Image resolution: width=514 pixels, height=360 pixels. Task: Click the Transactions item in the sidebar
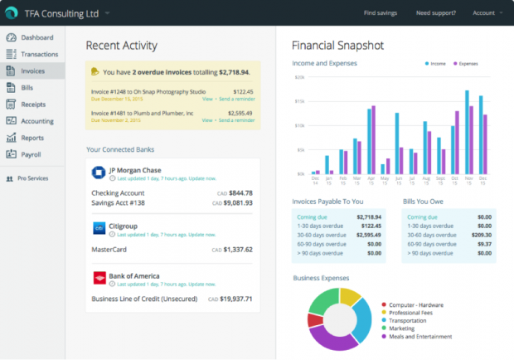click(x=38, y=54)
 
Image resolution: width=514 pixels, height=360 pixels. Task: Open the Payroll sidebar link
click(x=32, y=154)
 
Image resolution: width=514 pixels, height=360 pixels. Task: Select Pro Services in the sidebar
click(x=32, y=178)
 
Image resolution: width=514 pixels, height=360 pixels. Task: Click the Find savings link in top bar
click(x=381, y=13)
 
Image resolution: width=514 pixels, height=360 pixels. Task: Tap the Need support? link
click(x=435, y=13)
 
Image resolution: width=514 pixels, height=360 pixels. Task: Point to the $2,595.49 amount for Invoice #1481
click(x=240, y=112)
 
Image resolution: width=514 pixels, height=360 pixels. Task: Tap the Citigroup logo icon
click(x=97, y=226)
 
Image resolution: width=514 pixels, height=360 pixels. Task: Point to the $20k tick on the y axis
click(x=300, y=78)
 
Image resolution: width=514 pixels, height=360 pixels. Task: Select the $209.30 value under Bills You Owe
click(x=479, y=235)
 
